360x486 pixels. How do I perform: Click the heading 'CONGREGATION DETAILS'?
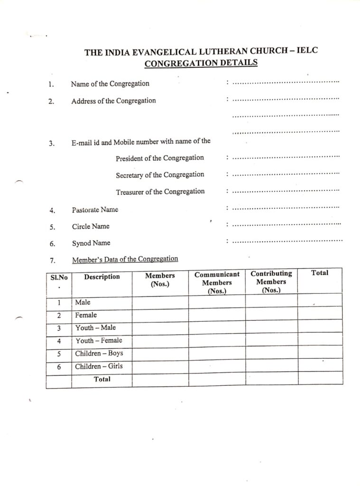[201, 63]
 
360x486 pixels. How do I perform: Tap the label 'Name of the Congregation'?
[110, 84]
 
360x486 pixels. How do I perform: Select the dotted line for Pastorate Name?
[286, 208]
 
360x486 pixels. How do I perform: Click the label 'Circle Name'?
[91, 226]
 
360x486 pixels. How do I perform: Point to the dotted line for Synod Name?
[288, 241]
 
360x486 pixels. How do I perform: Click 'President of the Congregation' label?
[160, 158]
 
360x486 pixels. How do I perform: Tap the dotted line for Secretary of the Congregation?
[286, 175]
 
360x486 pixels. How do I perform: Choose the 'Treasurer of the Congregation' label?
[160, 192]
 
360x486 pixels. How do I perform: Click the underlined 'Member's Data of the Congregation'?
[125, 259]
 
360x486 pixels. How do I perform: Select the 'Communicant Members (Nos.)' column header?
[217, 282]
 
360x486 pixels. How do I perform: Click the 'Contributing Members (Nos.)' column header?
[271, 281]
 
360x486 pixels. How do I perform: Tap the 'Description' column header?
[102, 277]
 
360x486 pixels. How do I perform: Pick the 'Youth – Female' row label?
[99, 340]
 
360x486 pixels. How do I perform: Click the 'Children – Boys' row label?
[99, 354]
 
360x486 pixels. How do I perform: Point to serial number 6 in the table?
[59, 367]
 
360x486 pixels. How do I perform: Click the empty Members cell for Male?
[160, 302]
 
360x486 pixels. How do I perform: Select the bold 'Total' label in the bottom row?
[102, 379]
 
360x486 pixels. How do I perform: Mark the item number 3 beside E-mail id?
[52, 143]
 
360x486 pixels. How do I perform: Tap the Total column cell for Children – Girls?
[320, 366]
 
